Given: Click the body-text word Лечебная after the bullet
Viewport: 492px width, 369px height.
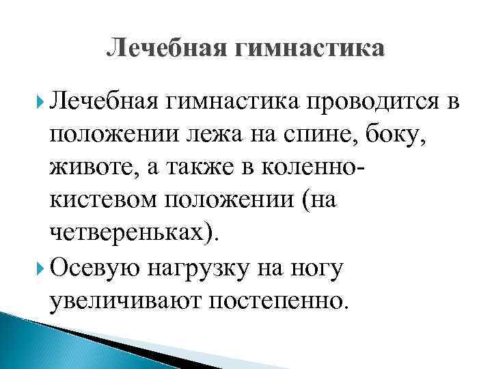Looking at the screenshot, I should [x=105, y=102].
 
